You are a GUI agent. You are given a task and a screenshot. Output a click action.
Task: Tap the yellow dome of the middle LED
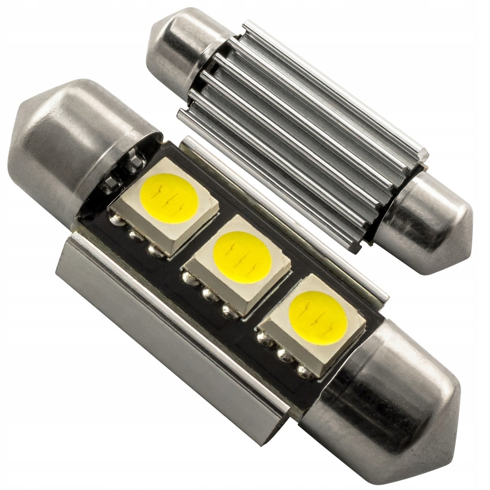tap(242, 256)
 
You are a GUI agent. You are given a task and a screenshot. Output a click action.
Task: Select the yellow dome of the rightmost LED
tap(318, 316)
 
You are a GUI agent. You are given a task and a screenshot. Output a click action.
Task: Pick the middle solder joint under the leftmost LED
tap(135, 235)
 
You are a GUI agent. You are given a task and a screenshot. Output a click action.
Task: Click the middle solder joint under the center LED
tap(209, 295)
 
